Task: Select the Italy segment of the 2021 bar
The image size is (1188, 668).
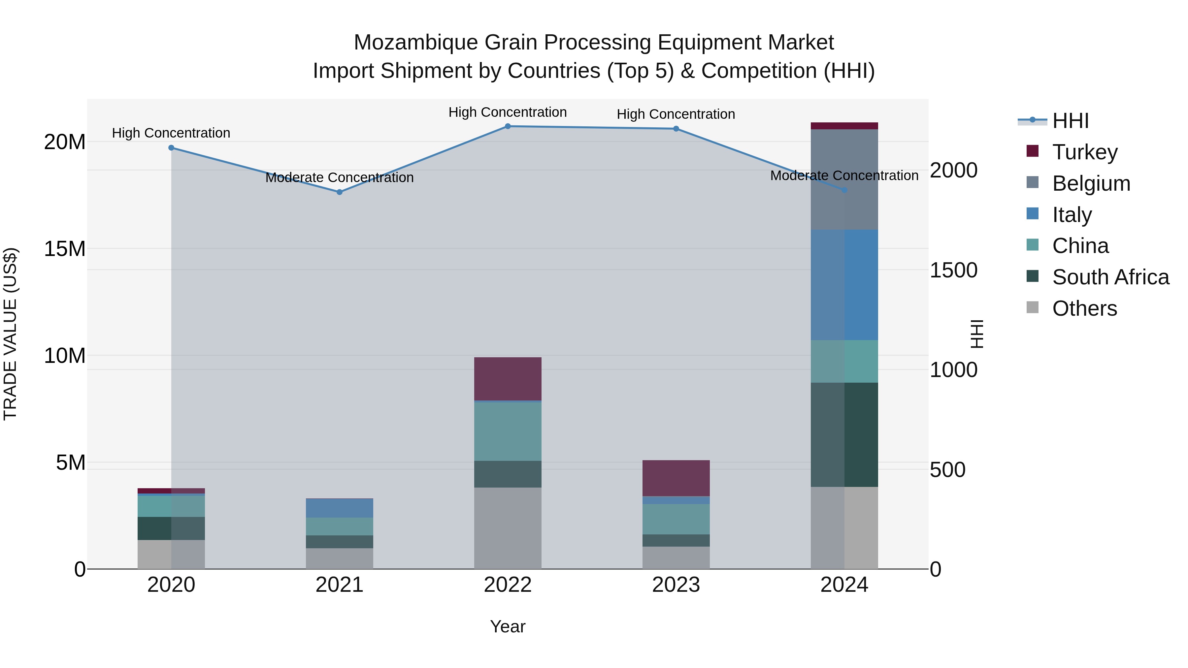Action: pyautogui.click(x=340, y=508)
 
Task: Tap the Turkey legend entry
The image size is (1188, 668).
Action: pyautogui.click(x=1085, y=152)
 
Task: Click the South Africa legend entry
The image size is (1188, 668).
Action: pyautogui.click(x=1110, y=277)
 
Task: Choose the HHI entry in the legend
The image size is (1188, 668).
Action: pyautogui.click(x=1070, y=121)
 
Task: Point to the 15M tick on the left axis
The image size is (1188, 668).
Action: pyautogui.click(x=65, y=249)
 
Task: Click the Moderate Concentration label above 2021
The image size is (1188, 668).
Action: pyautogui.click(x=340, y=177)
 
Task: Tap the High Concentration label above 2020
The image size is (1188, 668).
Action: pyautogui.click(x=171, y=133)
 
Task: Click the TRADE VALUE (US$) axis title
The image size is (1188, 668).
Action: pyautogui.click(x=10, y=334)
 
